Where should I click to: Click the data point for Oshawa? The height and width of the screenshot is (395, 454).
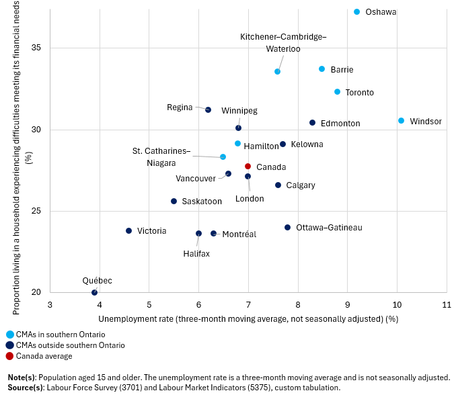pos(357,12)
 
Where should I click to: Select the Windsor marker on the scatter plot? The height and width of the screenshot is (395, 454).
pos(401,121)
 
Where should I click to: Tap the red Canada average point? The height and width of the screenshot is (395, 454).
pos(248,166)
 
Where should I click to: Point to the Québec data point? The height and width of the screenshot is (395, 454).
pos(94,292)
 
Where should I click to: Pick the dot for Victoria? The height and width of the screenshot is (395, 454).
pos(128,230)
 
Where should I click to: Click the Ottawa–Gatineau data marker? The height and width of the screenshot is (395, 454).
pos(287,228)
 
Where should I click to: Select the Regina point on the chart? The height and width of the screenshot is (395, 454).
pos(208,109)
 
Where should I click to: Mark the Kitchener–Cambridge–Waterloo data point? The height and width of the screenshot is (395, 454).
pos(277,71)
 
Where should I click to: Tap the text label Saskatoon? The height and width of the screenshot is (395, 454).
pos(202,202)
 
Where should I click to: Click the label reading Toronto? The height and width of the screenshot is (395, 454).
pos(359,93)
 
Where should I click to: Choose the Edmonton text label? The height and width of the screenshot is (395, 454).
pos(340,124)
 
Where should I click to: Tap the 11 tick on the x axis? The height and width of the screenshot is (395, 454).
pos(446,305)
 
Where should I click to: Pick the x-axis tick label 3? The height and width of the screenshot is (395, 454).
pos(50,305)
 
